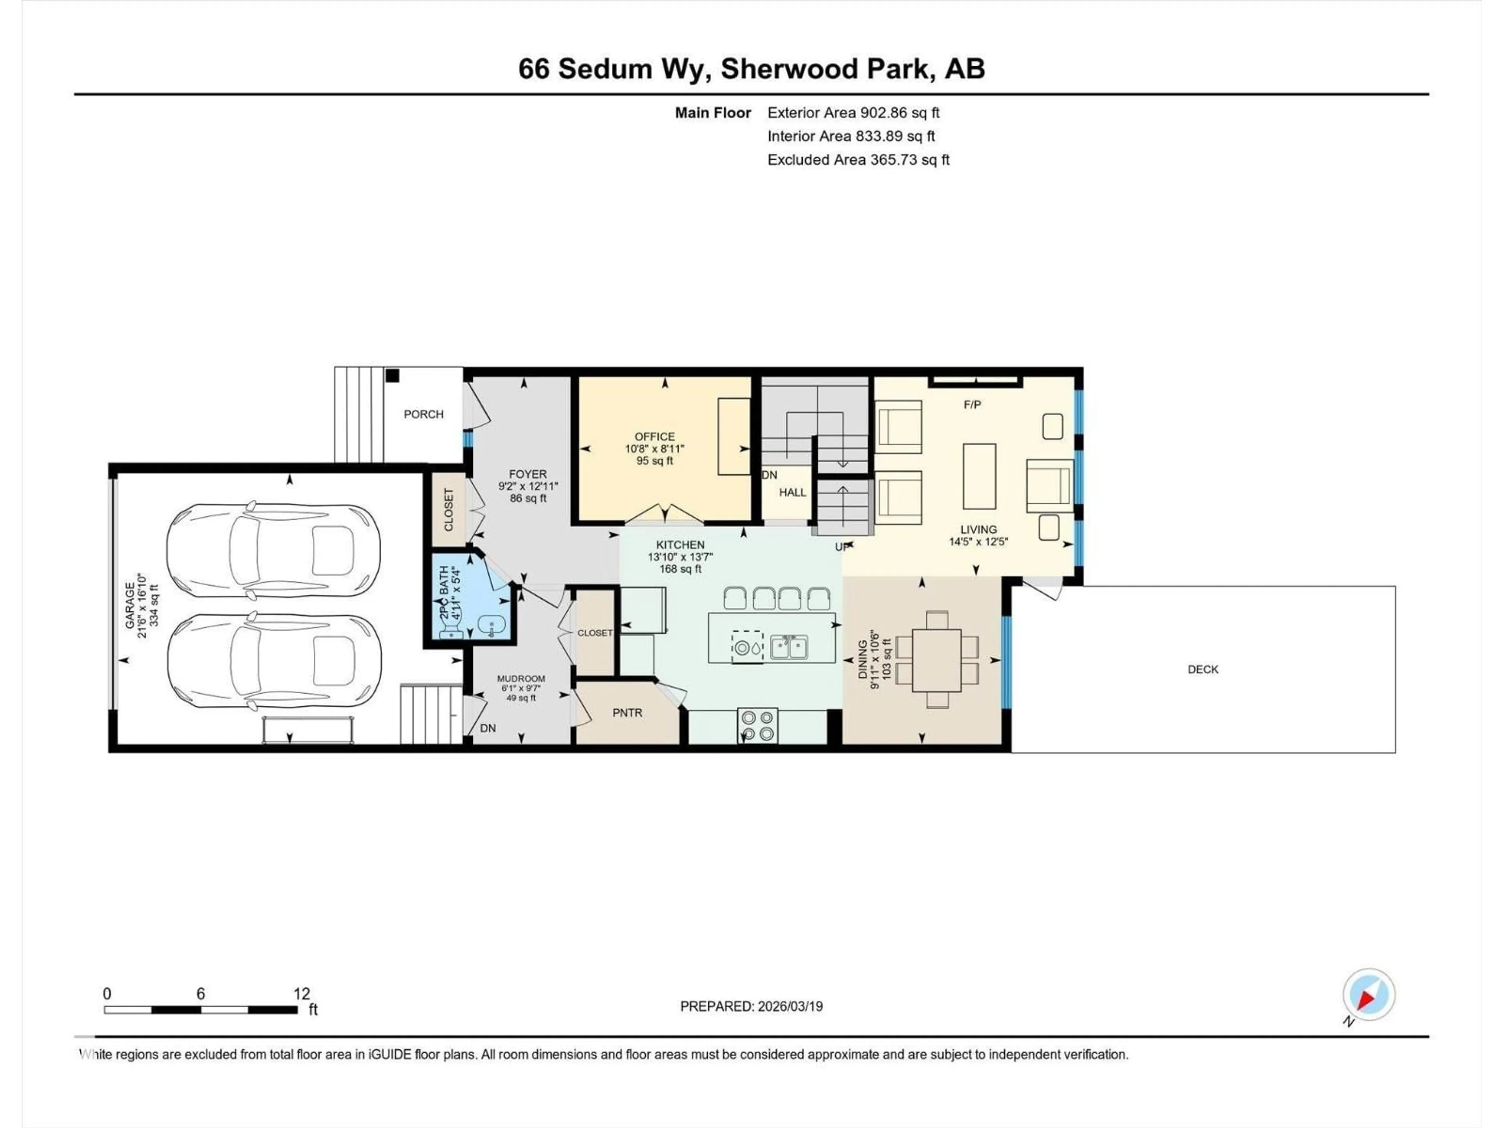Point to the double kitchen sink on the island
789,647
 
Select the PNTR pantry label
627,712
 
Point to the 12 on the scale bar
301,993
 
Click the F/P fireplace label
972,405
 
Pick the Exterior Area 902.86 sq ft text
853,113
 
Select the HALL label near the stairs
792,492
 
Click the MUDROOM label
521,679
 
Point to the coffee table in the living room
979,476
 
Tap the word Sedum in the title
604,69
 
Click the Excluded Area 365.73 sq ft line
858,160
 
